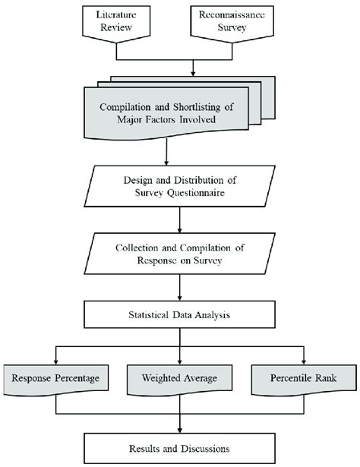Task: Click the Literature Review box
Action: pyautogui.click(x=118, y=22)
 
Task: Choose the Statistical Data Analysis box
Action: pyautogui.click(x=179, y=314)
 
